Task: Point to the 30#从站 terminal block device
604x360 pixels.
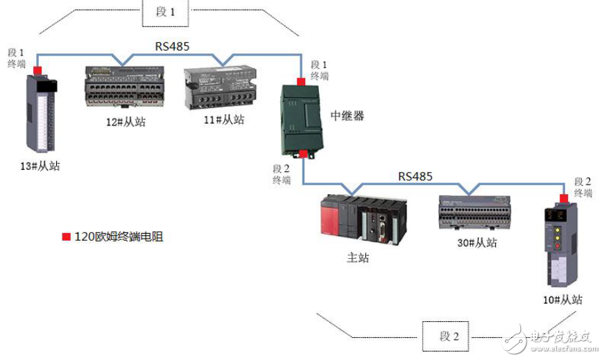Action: click(x=478, y=212)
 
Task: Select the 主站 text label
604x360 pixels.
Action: click(x=358, y=258)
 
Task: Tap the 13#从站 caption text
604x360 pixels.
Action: click(x=40, y=166)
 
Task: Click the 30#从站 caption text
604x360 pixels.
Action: click(x=478, y=243)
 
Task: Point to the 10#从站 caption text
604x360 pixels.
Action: click(x=562, y=300)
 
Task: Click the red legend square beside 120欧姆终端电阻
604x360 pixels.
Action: click(x=67, y=237)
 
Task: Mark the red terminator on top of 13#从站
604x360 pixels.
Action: click(x=37, y=69)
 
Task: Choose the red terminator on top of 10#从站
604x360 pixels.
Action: click(x=563, y=198)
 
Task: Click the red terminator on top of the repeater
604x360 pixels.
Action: click(x=301, y=82)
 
